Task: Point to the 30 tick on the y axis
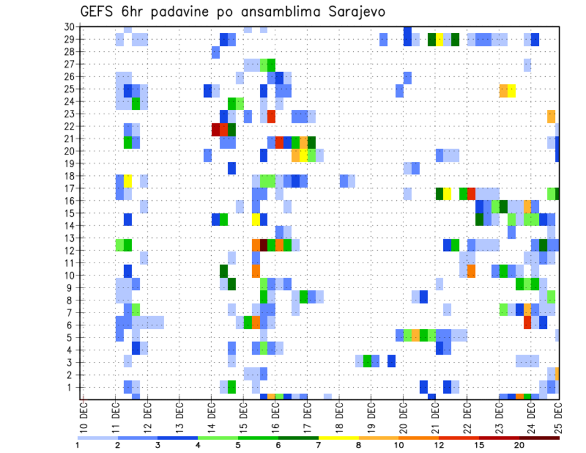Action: [x=70, y=27]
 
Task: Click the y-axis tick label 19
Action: [x=70, y=164]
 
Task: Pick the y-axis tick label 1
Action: [x=72, y=387]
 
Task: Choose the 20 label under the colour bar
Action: [x=519, y=446]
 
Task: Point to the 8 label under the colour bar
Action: [x=358, y=446]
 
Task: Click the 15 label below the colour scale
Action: [x=479, y=446]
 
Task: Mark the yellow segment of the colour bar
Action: [x=339, y=438]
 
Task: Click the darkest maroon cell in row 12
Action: [x=264, y=244]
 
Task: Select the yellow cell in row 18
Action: [x=128, y=181]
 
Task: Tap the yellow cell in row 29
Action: [x=440, y=40]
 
